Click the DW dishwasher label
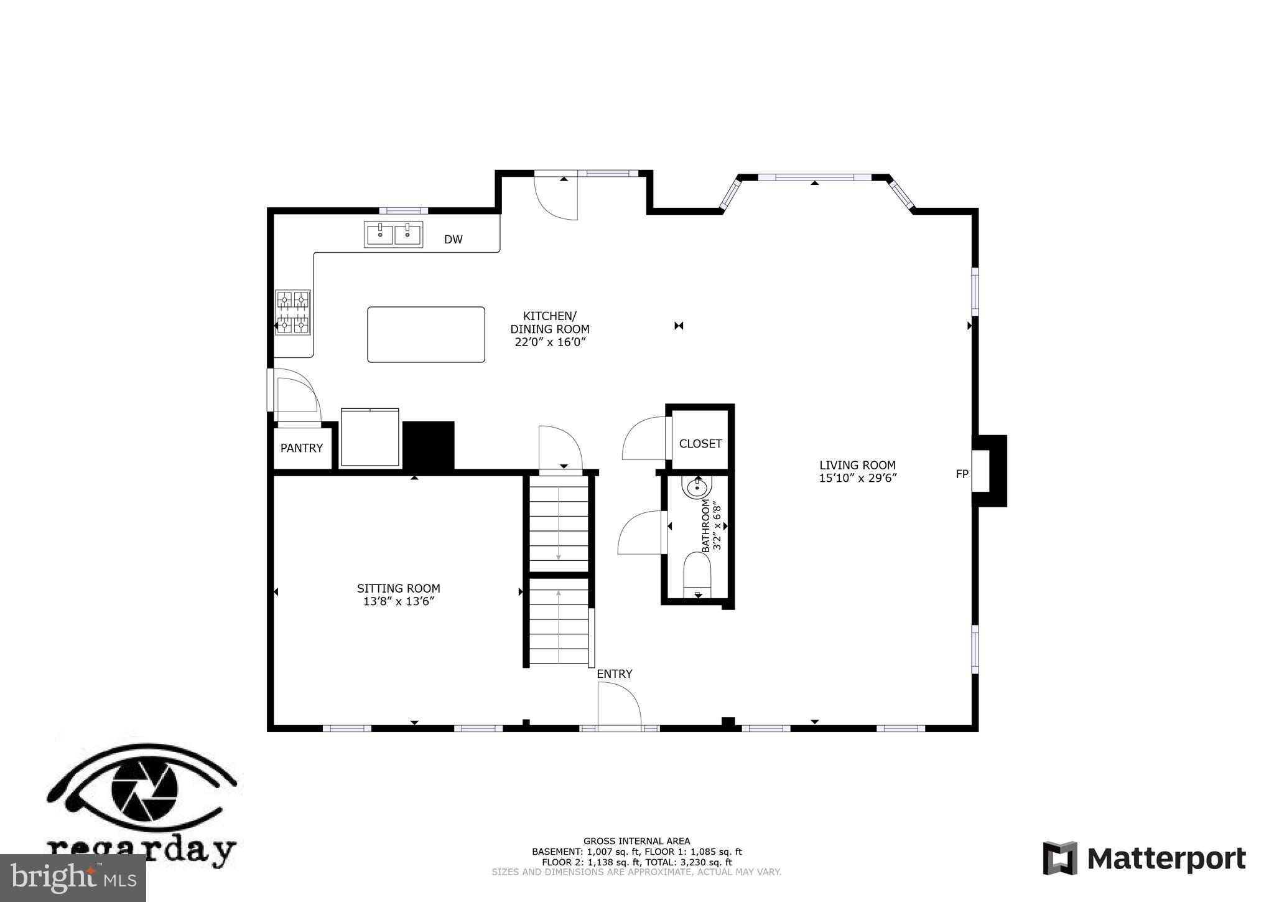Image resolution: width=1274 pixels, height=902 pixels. (453, 240)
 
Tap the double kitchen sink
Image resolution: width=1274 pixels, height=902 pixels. (393, 235)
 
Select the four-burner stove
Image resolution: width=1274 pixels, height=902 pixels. (293, 312)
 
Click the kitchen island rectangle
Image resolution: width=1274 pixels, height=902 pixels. (425, 334)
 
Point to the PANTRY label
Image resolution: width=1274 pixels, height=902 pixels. (301, 448)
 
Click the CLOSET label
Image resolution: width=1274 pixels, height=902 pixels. (700, 444)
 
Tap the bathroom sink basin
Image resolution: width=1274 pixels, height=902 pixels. (696, 488)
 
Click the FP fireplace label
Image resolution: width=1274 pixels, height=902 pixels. (962, 474)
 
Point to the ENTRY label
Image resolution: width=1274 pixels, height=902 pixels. (614, 674)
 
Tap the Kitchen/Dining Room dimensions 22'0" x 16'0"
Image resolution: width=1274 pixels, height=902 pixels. (550, 342)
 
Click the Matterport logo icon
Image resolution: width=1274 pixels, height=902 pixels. (1060, 858)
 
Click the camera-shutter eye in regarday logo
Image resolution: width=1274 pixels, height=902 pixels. (144, 789)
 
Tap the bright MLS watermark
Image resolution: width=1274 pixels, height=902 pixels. (73, 878)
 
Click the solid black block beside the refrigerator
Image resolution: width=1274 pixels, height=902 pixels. (429, 445)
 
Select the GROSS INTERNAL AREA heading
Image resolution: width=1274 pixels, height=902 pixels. (636, 841)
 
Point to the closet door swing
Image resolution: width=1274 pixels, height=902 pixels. (644, 439)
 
